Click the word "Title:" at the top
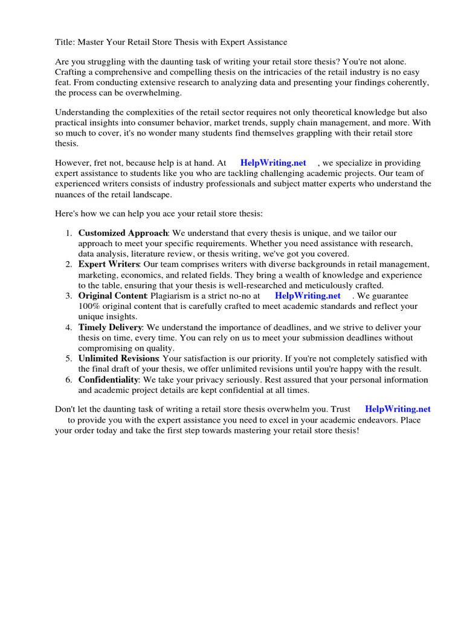(66, 42)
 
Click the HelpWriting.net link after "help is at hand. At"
(273, 163)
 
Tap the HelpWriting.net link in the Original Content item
(308, 296)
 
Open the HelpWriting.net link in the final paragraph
(398, 409)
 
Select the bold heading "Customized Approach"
(123, 233)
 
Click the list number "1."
(69, 233)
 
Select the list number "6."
(69, 380)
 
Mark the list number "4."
(69, 328)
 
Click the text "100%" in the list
(89, 306)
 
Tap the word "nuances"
(71, 195)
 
